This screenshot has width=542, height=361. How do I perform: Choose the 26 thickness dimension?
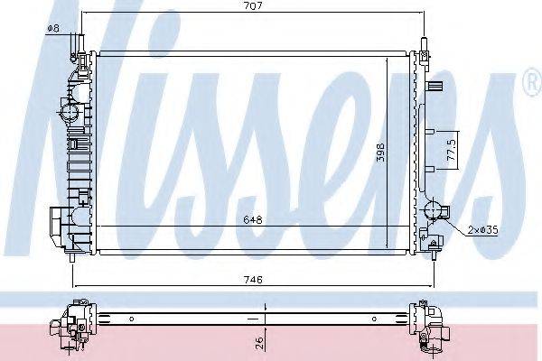click(x=260, y=341)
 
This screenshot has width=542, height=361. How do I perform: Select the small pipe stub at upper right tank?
click(x=437, y=88)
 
